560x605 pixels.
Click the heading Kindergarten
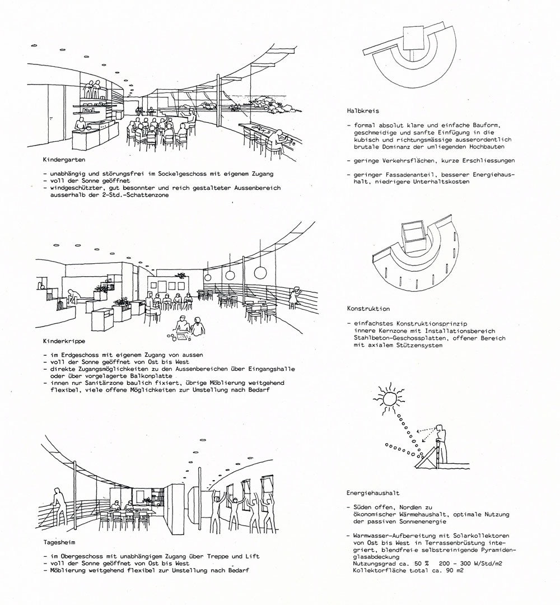[62, 159]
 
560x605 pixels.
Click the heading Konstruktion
[368, 309]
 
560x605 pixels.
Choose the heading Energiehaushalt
[372, 494]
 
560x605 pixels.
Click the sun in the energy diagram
[389, 399]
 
